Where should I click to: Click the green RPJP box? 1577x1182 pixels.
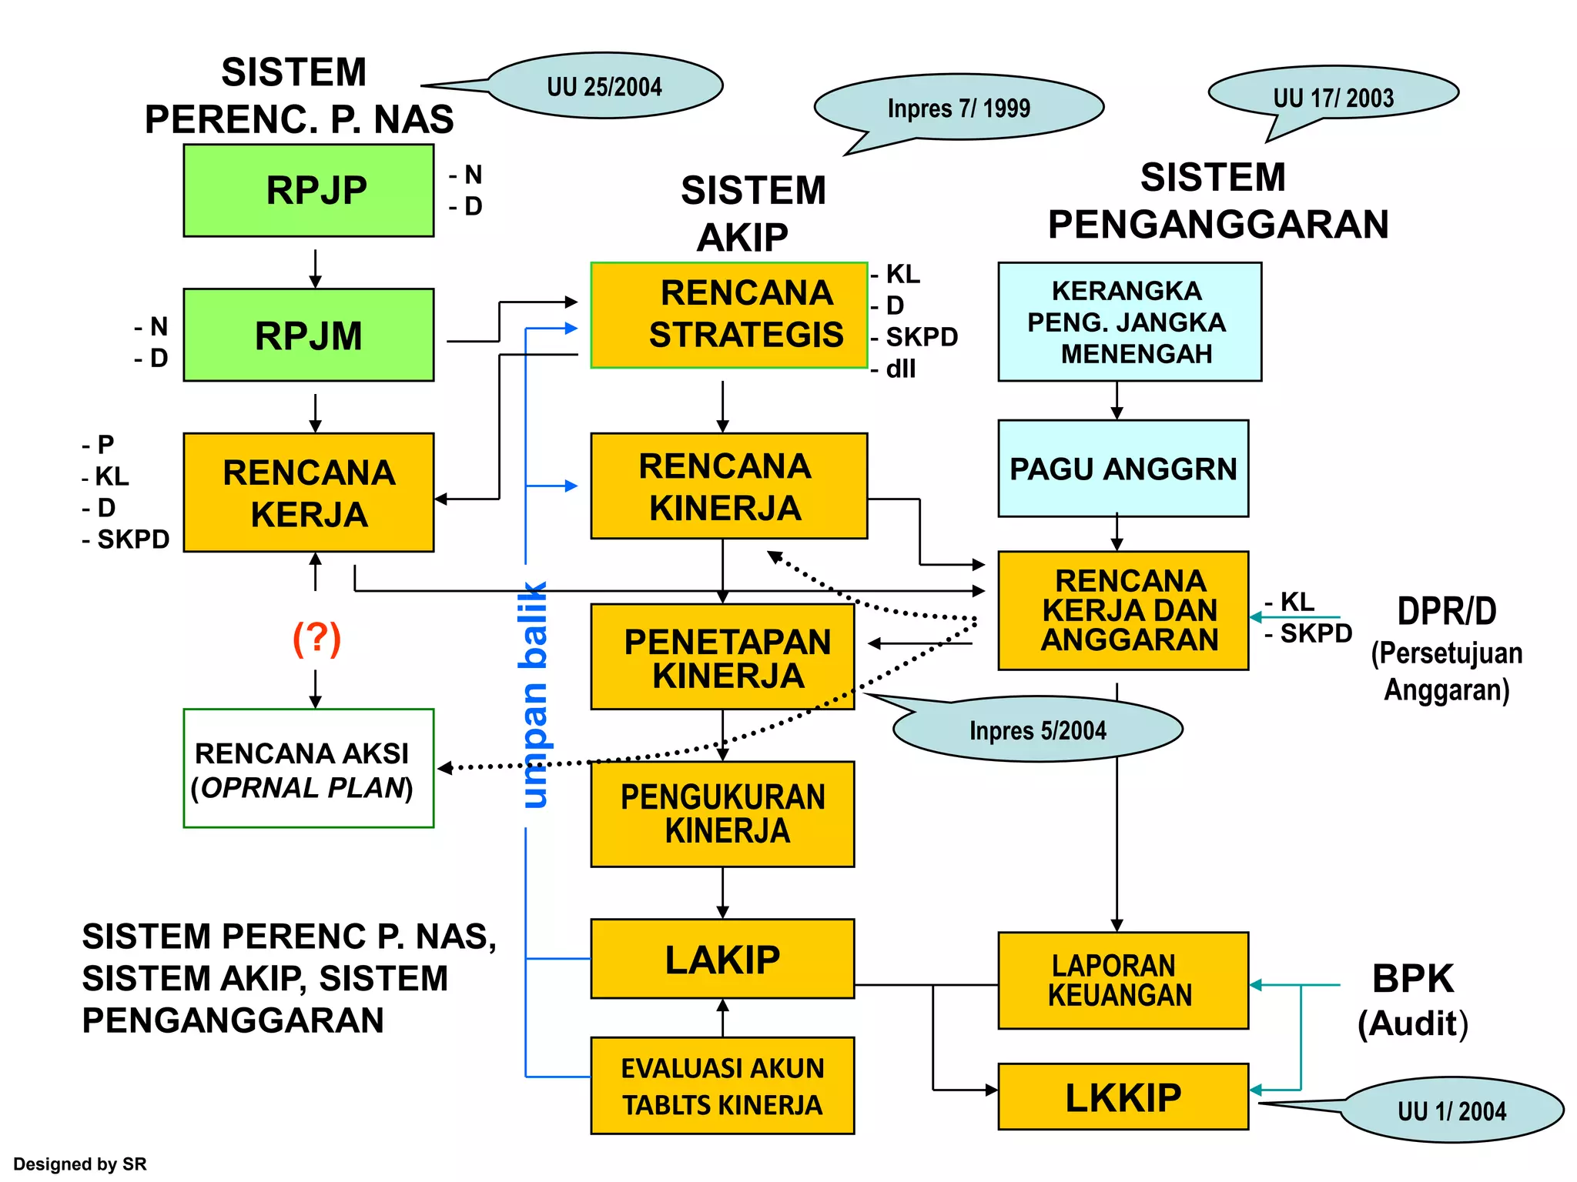pyautogui.click(x=308, y=190)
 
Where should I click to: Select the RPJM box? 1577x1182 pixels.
pyautogui.click(x=308, y=335)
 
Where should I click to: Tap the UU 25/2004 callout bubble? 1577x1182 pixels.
pyautogui.click(x=604, y=86)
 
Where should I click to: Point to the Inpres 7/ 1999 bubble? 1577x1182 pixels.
pyautogui.click(x=959, y=108)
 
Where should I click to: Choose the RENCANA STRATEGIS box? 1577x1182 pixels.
pyautogui.click(x=728, y=315)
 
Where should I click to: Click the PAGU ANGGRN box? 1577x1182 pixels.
pyautogui.click(x=1123, y=468)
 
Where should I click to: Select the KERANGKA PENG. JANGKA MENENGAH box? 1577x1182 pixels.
pyautogui.click(x=1129, y=322)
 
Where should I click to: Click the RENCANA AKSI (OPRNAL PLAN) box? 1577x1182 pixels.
pyautogui.click(x=308, y=768)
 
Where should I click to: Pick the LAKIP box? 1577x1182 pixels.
pyautogui.click(x=722, y=959)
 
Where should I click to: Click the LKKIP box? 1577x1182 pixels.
pyautogui.click(x=1123, y=1097)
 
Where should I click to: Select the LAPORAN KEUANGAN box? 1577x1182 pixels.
pyautogui.click(x=1123, y=980)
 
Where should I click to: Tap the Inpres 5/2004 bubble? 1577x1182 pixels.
pyautogui.click(x=1037, y=730)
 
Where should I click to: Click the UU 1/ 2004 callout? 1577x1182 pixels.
pyautogui.click(x=1451, y=1110)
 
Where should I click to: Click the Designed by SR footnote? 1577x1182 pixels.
pyautogui.click(x=79, y=1164)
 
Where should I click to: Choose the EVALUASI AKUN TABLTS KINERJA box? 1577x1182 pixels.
pyautogui.click(x=722, y=1086)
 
